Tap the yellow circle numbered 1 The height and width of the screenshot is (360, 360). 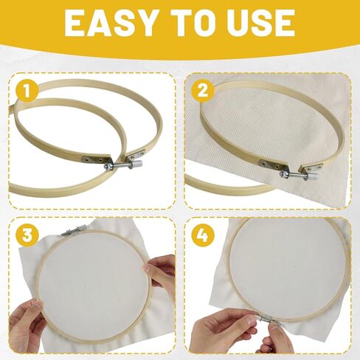click(x=27, y=91)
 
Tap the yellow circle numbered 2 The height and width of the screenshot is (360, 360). click(x=203, y=91)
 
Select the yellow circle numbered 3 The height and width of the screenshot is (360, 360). click(x=27, y=235)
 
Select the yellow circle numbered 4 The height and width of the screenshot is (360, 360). click(x=203, y=235)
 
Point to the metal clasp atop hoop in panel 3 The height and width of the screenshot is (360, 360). click(x=72, y=231)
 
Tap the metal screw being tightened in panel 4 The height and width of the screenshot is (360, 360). click(x=267, y=320)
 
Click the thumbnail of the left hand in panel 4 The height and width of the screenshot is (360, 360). click(x=249, y=319)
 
